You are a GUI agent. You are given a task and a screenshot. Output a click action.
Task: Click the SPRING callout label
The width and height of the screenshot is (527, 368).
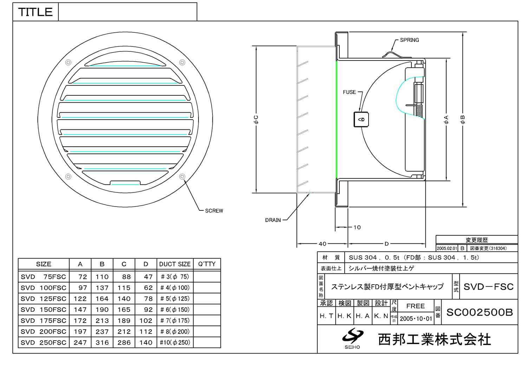click(x=409, y=40)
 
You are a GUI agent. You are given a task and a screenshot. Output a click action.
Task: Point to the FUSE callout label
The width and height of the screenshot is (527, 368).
click(x=349, y=92)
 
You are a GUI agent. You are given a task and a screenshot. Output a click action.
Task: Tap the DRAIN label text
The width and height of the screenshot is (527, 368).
click(x=273, y=220)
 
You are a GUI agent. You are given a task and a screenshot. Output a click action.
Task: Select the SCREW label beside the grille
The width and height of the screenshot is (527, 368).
click(x=214, y=211)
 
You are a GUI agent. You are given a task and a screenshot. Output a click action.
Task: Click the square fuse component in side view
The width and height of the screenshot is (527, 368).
click(x=361, y=120)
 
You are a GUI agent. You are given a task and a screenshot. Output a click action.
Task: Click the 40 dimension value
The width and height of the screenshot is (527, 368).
click(x=322, y=244)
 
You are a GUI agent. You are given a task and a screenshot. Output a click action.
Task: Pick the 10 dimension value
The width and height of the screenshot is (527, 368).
click(x=357, y=227)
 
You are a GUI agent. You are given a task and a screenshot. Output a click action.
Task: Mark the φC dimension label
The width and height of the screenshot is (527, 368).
click(x=256, y=120)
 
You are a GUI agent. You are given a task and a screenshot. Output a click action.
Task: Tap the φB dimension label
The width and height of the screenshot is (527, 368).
click(x=462, y=120)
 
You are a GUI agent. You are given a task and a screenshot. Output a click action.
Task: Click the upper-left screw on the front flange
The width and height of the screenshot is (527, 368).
click(x=68, y=62)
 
